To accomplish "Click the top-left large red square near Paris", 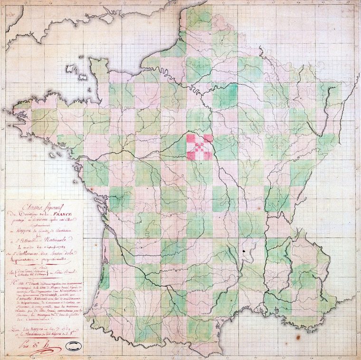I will coord(190,138).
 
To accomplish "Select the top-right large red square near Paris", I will coord(208,138).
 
